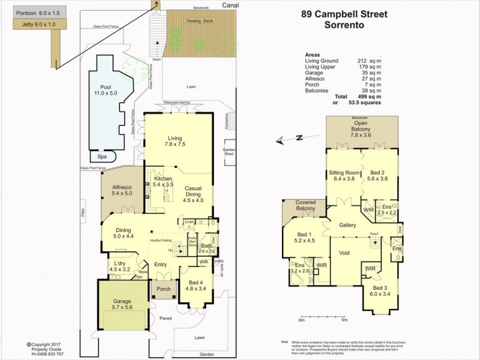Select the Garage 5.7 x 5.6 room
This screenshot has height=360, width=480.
[x=122, y=304]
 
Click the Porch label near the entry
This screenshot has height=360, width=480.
[x=163, y=289]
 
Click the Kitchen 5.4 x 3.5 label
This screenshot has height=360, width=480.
[x=164, y=182]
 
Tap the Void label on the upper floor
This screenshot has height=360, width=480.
[x=344, y=254]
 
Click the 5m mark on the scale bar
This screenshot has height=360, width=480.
[x=344, y=320]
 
